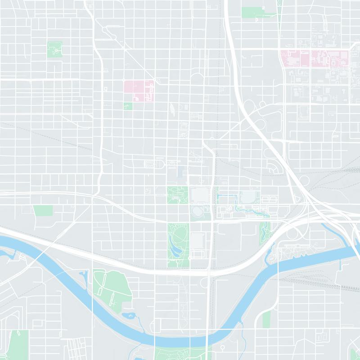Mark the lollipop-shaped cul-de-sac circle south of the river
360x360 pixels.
222,347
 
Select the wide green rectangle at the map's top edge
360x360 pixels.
254,12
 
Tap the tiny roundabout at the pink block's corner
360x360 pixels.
153,82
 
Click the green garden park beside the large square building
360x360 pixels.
177,195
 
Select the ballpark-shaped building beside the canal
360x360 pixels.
247,197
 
